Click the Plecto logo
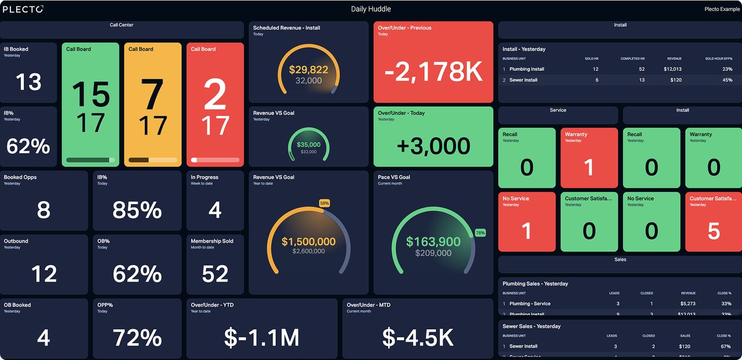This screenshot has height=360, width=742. [x=23, y=9]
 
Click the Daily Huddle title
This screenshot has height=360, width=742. [x=371, y=9]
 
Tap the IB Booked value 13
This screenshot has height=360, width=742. [x=28, y=82]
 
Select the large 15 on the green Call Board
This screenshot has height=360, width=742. [x=91, y=95]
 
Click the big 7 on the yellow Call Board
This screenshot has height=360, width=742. [x=153, y=95]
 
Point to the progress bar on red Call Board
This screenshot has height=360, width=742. [x=215, y=160]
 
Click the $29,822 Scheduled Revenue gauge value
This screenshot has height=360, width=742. [x=308, y=70]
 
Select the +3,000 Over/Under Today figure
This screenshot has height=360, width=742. [x=434, y=146]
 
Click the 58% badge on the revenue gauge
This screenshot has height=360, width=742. [x=325, y=203]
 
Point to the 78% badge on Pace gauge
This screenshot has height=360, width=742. [x=480, y=232]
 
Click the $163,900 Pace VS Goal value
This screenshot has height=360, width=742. [x=433, y=242]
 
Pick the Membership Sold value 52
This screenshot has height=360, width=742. [x=215, y=274]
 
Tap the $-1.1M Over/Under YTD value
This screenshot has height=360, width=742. [x=261, y=337]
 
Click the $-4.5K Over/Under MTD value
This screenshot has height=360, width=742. [x=418, y=337]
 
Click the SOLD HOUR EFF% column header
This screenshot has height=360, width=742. [x=718, y=59]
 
